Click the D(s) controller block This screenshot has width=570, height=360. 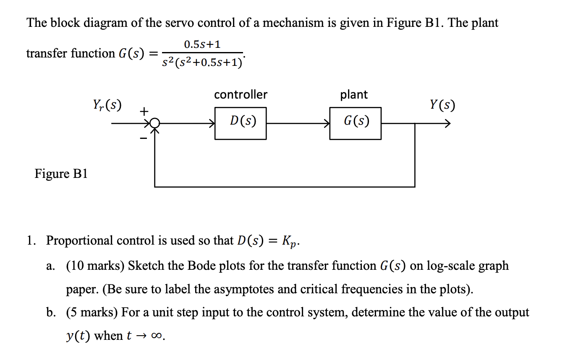tap(240, 123)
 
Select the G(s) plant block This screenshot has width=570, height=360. tap(355, 123)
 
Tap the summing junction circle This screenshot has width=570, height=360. tap(155, 123)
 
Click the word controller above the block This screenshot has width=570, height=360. tap(241, 95)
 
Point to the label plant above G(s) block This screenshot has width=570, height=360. tap(354, 95)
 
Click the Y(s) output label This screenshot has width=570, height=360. tap(442, 105)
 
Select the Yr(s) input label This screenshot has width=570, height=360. tap(107, 105)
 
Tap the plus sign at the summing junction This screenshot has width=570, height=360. tap(144, 111)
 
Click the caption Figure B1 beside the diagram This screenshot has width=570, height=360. tap(61, 174)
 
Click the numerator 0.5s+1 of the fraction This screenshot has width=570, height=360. tap(202, 44)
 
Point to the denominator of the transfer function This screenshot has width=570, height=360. tap(202, 63)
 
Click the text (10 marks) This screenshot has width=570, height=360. tap(95, 266)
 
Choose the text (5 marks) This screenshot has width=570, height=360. tap(92, 313)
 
